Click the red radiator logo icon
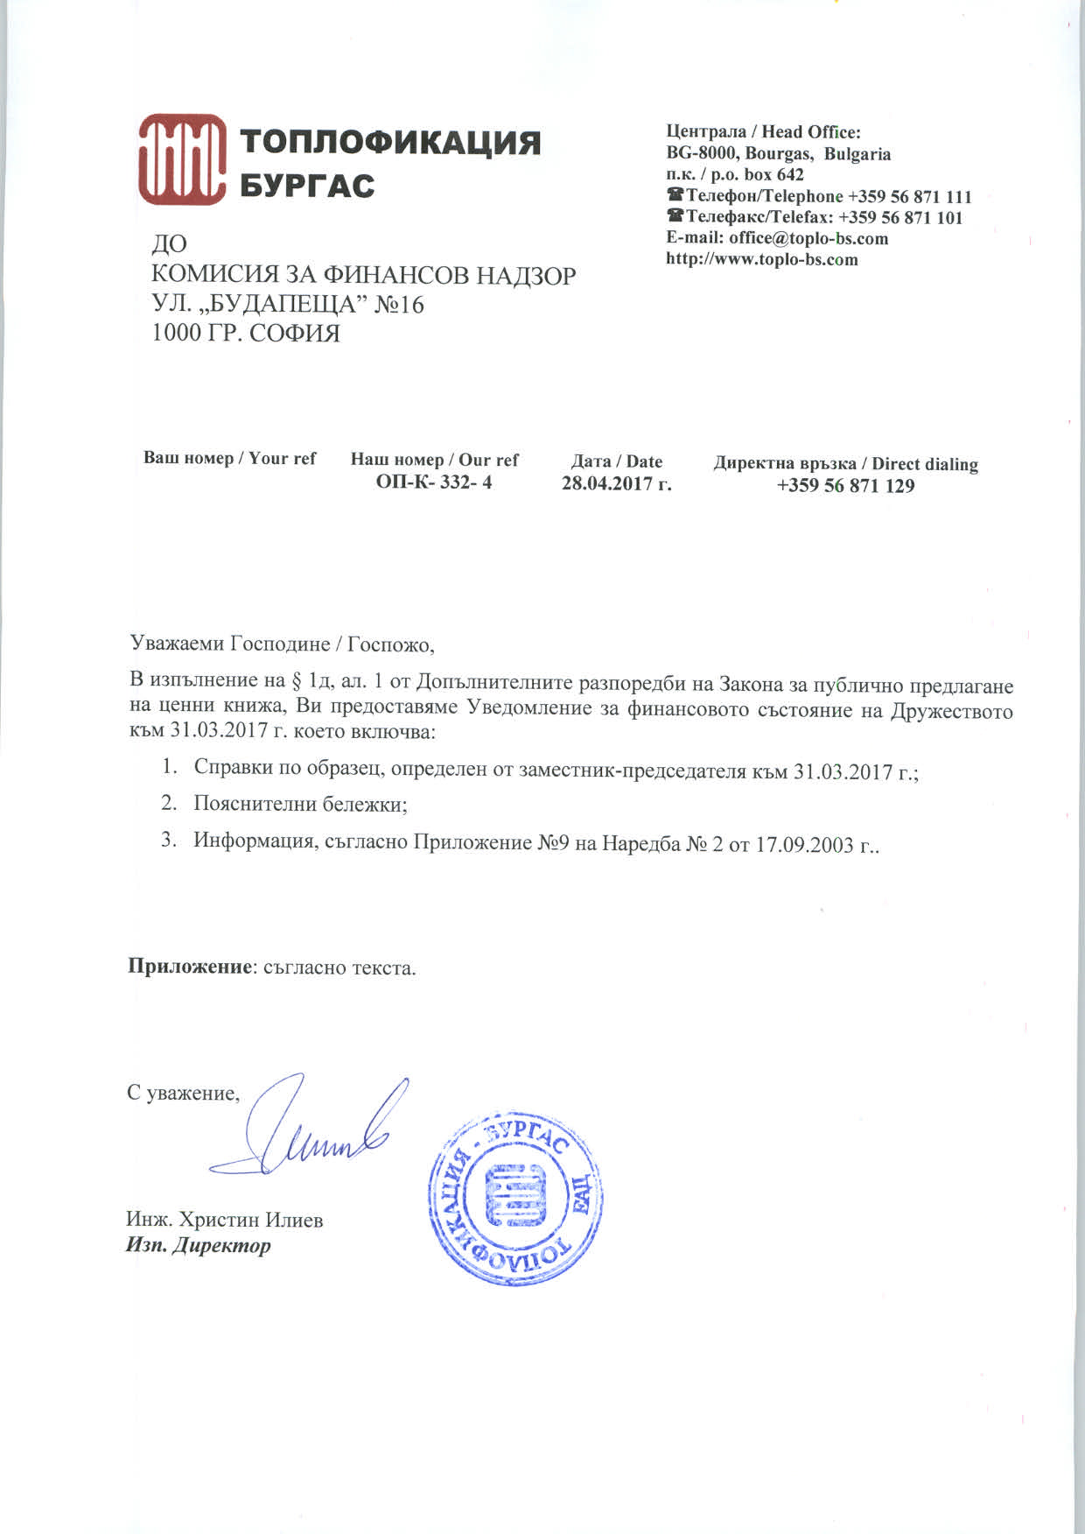click(x=181, y=160)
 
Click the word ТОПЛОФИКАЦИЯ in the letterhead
click(x=390, y=142)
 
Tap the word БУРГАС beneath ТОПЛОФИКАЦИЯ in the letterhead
click(x=307, y=186)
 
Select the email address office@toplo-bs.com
click(x=808, y=238)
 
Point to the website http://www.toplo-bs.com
click(x=761, y=259)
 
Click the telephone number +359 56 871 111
click(x=909, y=196)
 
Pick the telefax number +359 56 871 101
click(x=900, y=217)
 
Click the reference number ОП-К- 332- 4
click(x=434, y=482)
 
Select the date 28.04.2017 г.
click(x=616, y=483)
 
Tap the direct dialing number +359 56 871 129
click(x=845, y=486)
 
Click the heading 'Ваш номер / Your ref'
click(x=229, y=458)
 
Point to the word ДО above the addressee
click(x=170, y=244)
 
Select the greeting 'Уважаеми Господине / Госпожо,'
click(x=282, y=644)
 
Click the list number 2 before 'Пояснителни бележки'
click(x=168, y=802)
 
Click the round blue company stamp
click(x=515, y=1199)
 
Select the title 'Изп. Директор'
click(x=199, y=1245)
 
